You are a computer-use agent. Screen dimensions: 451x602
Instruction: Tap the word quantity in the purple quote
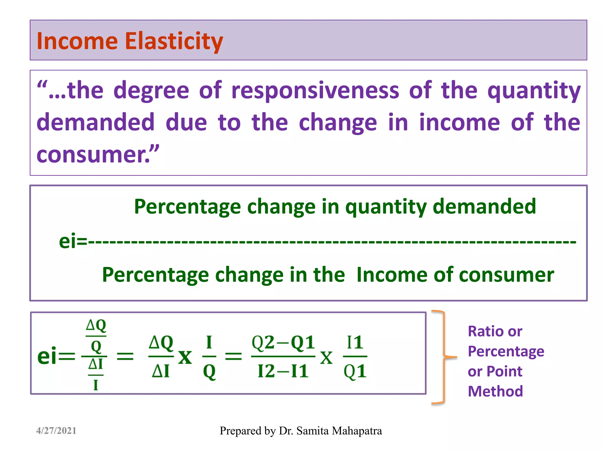click(534, 91)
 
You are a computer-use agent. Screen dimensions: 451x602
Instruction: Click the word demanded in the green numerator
click(484, 206)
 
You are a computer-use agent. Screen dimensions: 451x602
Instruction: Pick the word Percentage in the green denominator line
click(155, 275)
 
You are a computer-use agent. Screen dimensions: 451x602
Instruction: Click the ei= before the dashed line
click(73, 241)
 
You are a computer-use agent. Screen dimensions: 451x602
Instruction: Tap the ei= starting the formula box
click(56, 356)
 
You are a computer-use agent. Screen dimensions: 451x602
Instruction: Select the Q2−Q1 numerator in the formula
click(283, 342)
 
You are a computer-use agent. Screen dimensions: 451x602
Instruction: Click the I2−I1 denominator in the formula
click(283, 371)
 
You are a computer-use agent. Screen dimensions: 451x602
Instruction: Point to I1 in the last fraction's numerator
click(355, 342)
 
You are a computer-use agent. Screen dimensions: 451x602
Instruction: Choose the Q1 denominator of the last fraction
click(355, 372)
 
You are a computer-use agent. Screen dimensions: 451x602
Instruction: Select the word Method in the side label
click(495, 391)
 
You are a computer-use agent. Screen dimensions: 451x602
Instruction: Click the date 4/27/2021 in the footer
click(56, 431)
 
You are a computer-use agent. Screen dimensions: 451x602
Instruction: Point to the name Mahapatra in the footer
click(357, 431)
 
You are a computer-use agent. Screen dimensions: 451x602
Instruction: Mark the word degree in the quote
click(151, 91)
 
